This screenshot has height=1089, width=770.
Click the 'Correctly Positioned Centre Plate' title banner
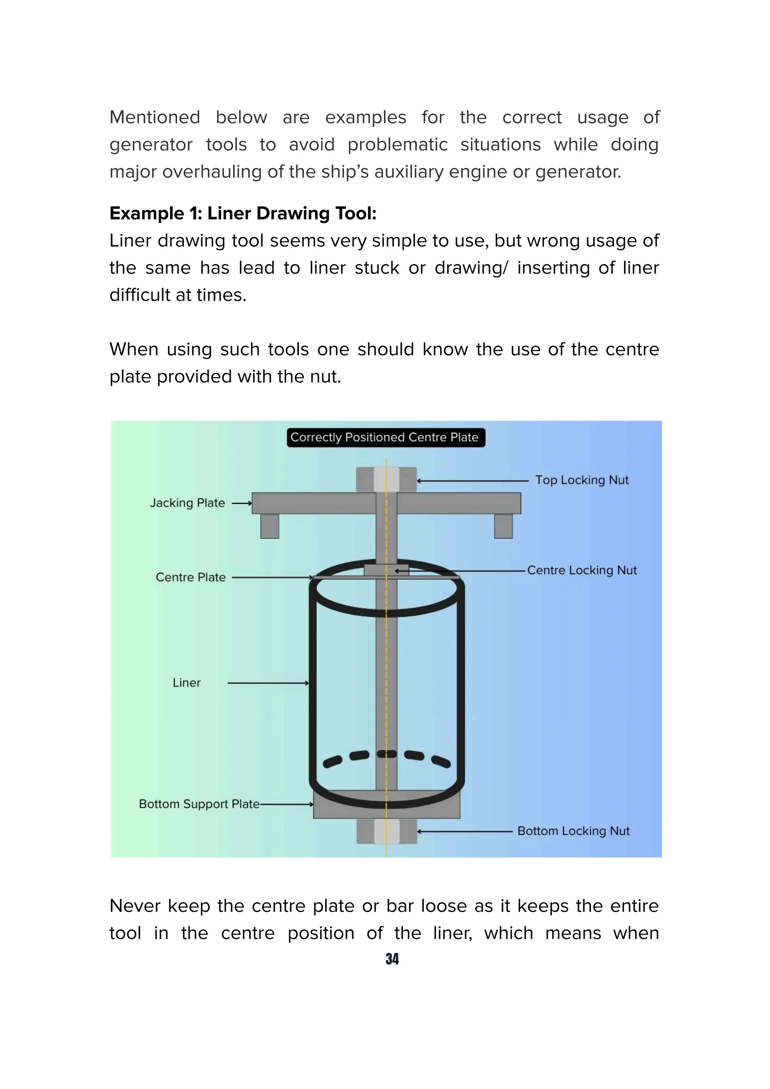(385, 437)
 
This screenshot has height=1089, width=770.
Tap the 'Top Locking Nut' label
(582, 480)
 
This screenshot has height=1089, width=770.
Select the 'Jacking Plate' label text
(187, 503)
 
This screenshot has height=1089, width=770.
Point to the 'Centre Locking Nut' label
(582, 570)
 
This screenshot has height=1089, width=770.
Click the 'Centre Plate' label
(190, 577)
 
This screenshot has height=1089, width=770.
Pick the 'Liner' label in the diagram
(186, 682)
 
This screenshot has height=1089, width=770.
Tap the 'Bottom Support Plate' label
(199, 804)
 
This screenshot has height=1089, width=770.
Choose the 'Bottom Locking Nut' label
(573, 831)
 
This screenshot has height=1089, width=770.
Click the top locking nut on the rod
(386, 479)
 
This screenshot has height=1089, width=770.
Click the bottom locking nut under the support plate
(386, 832)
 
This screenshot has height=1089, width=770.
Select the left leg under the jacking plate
(270, 526)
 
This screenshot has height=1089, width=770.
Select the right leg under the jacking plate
(503, 526)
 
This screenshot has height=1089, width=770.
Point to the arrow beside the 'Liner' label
(268, 683)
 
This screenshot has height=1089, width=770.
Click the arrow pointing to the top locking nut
(473, 481)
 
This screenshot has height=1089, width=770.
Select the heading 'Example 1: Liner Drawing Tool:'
(243, 213)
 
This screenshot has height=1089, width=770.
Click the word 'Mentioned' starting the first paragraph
(155, 117)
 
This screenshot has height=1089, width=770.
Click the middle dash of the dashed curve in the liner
(387, 754)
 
